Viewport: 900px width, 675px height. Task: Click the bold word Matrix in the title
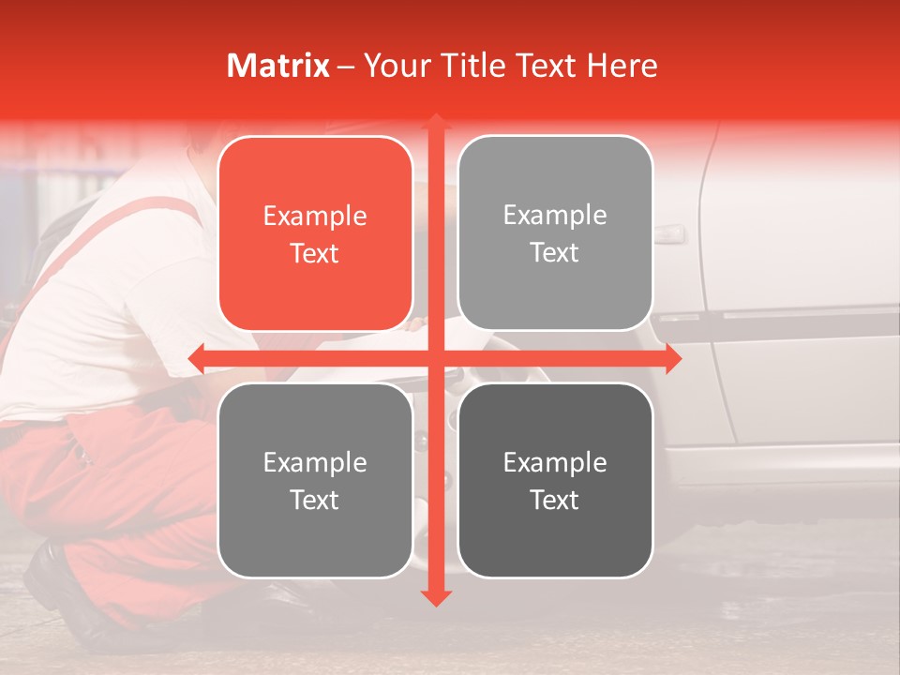(278, 66)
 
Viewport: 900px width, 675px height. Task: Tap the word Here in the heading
(622, 66)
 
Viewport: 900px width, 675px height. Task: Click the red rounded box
(315, 234)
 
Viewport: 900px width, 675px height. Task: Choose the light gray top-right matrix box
(555, 233)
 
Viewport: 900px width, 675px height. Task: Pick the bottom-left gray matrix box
(315, 480)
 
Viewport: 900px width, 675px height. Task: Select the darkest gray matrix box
(555, 480)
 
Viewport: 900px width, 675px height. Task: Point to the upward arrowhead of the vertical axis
(436, 122)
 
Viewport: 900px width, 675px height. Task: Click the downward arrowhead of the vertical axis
(436, 597)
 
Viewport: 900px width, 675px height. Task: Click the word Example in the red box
(315, 217)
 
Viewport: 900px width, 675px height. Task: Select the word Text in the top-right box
(555, 252)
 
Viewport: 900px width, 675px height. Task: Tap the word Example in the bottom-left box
(315, 462)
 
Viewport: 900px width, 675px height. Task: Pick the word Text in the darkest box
(555, 500)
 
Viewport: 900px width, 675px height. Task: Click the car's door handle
(669, 233)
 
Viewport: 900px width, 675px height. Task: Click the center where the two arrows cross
(436, 358)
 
